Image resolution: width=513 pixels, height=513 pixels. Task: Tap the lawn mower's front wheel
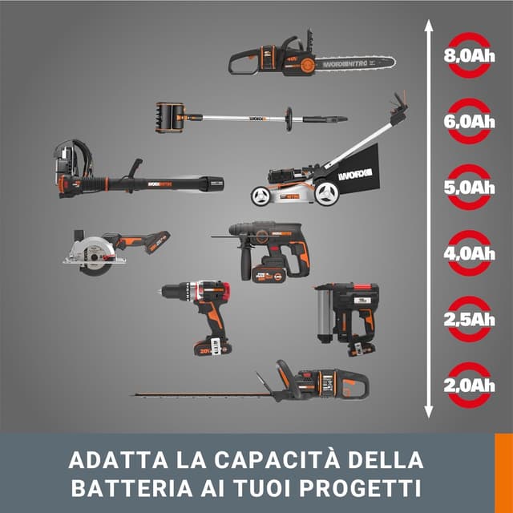click(261, 195)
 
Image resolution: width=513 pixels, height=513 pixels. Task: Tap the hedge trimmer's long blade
click(200, 394)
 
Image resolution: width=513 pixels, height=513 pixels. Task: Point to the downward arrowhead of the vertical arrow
click(428, 416)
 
